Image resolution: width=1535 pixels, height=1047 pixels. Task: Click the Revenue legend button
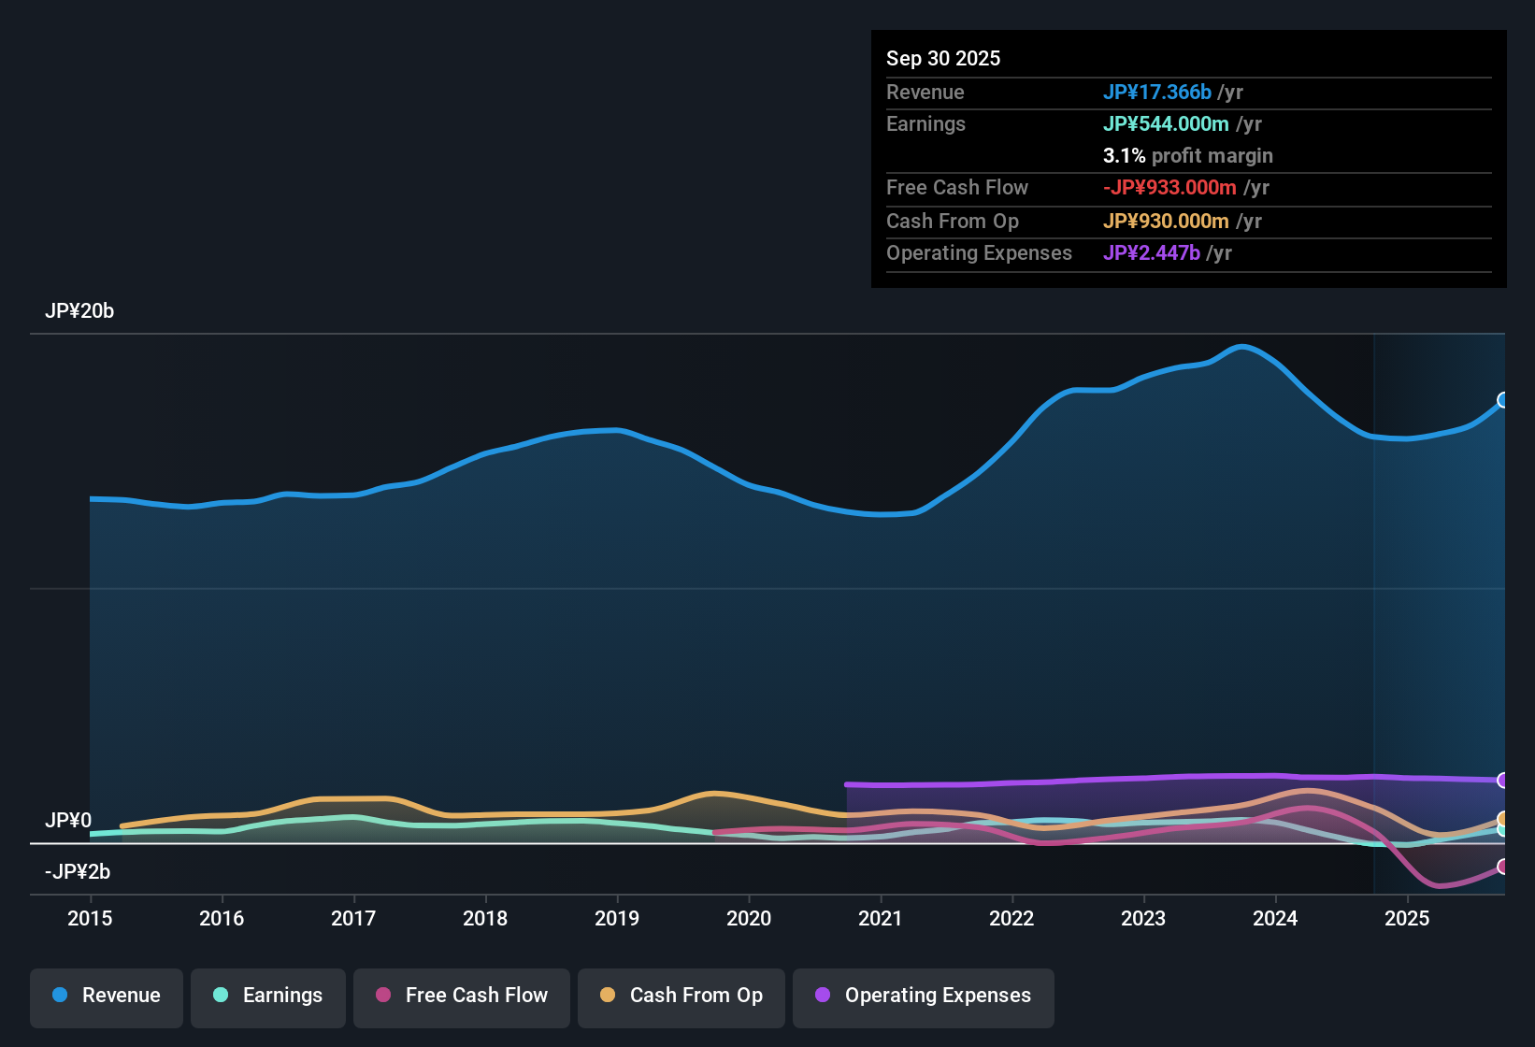tap(107, 996)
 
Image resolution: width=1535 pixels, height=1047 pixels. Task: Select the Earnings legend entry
tap(268, 996)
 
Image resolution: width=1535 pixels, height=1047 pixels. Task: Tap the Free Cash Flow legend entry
tap(462, 996)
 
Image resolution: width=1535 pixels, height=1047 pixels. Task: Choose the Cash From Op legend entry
tap(681, 996)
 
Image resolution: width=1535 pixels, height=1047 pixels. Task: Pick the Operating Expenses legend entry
tap(924, 996)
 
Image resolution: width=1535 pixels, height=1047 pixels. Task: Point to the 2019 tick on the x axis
tap(617, 918)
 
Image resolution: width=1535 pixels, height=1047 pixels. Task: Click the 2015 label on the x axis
tap(90, 918)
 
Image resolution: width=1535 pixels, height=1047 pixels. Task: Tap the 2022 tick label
tap(1011, 918)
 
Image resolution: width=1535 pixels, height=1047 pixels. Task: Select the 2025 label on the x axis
tap(1407, 918)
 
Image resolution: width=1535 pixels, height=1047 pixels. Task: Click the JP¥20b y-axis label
tap(79, 311)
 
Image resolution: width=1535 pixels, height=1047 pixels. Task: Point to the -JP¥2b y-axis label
tap(78, 872)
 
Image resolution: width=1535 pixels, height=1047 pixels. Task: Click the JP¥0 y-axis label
tap(68, 821)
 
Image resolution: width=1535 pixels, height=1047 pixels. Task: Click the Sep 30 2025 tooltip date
tap(943, 58)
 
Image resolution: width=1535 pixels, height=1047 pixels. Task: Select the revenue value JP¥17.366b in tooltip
tap(1156, 92)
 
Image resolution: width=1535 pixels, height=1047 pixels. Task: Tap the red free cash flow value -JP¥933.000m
tap(1169, 187)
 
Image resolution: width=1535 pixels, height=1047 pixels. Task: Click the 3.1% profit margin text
tap(1187, 155)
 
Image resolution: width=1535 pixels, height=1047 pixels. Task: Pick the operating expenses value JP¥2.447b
tap(1151, 252)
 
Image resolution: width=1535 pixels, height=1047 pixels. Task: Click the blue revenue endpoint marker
tap(1503, 400)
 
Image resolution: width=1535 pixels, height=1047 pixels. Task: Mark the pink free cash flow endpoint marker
tap(1503, 867)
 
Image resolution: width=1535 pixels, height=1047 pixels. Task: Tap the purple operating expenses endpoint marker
tap(1503, 780)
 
